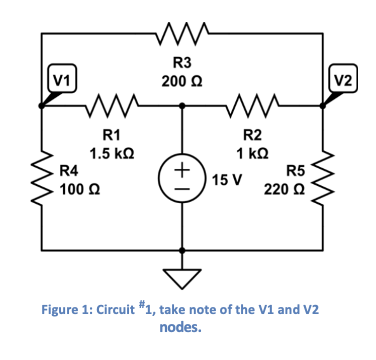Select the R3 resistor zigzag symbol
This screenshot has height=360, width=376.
182,41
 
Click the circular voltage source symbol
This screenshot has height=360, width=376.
182,180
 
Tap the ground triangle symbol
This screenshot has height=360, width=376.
182,265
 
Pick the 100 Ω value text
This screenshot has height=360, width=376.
77,188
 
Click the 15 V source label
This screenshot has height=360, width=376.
227,181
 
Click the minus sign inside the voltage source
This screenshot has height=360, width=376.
182,193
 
